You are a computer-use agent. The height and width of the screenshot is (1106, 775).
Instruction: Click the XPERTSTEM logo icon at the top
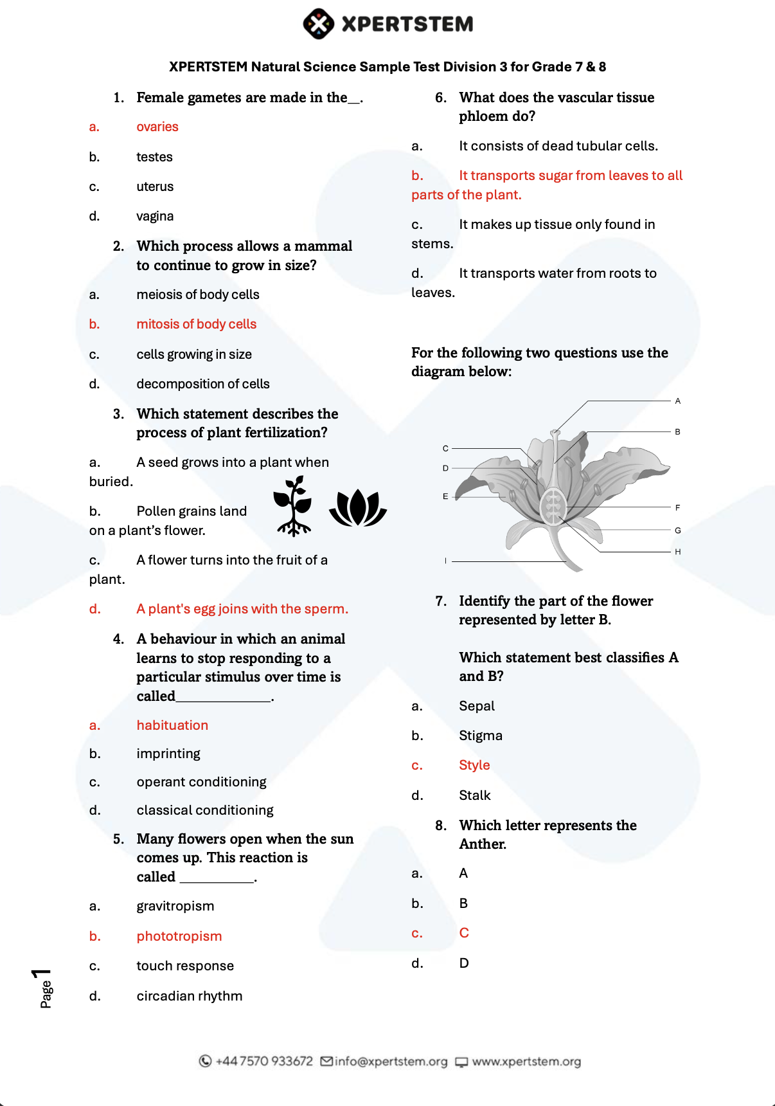point(318,24)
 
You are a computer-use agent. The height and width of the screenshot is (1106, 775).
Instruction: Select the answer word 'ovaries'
point(157,127)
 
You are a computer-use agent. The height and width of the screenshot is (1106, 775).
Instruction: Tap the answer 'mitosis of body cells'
point(196,325)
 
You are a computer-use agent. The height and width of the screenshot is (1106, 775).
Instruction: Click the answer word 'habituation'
point(172,725)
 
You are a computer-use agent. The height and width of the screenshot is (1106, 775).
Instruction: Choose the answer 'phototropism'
point(179,936)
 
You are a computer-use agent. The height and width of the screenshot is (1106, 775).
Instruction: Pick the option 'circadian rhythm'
point(190,996)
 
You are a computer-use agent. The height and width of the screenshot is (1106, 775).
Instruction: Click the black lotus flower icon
point(358,508)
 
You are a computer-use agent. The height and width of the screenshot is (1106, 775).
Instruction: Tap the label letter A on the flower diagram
point(677,401)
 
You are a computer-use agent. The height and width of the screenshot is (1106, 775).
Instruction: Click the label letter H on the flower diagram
point(677,552)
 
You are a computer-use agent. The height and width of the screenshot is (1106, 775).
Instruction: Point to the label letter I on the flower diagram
point(445,561)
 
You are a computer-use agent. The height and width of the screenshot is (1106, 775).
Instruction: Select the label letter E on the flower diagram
point(445,496)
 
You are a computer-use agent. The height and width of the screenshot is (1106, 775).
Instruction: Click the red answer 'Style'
point(474,765)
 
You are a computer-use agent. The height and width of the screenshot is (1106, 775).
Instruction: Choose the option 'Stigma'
point(481,736)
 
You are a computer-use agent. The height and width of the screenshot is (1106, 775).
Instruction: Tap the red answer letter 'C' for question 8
point(464,933)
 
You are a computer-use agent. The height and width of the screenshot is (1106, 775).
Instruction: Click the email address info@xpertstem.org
point(391,1062)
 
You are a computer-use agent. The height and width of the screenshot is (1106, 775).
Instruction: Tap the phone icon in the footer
point(205,1062)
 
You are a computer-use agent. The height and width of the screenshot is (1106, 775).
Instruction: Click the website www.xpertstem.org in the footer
point(526,1062)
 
